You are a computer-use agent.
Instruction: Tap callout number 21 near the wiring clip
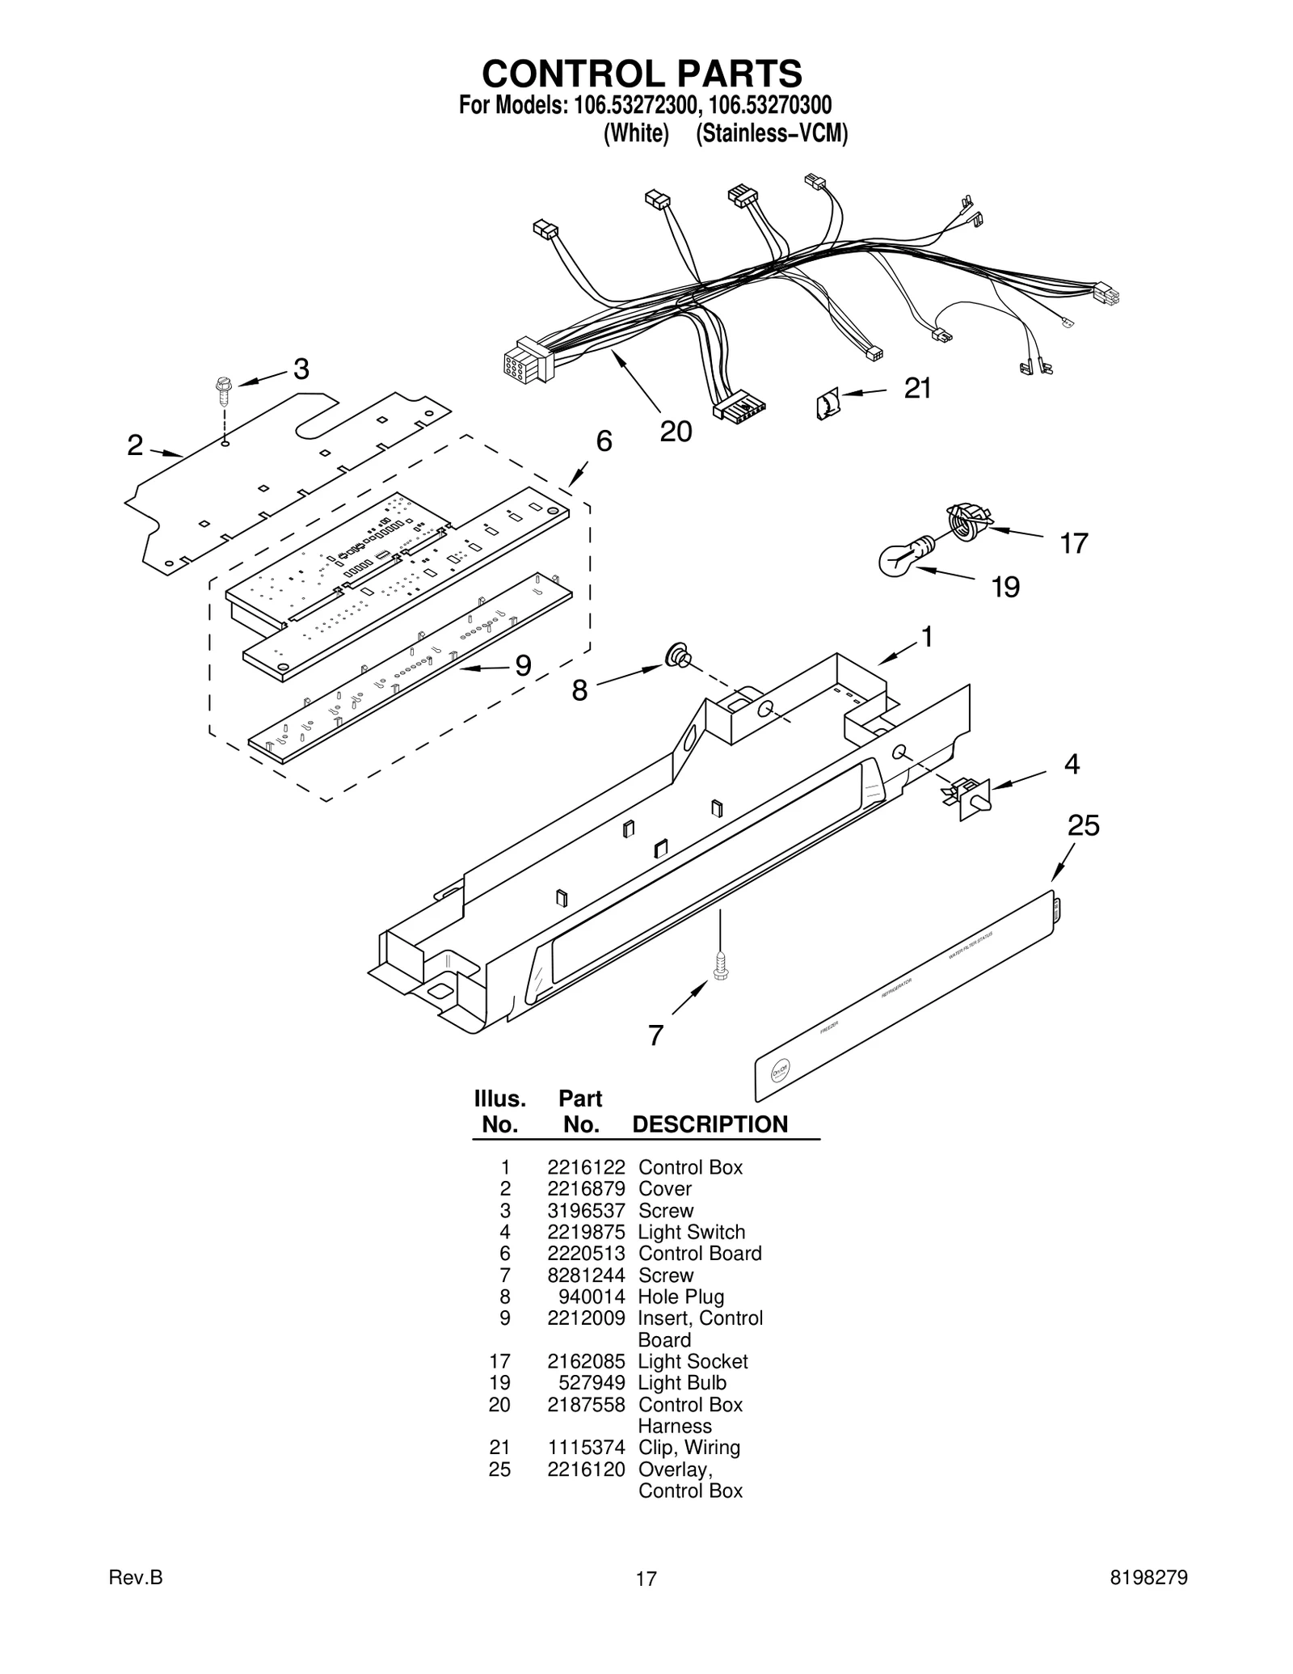917,389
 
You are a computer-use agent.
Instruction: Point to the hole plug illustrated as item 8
676,657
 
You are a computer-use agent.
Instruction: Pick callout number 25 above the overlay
1083,825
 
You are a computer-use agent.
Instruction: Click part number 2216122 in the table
586,1167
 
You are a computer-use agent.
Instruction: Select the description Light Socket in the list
693,1361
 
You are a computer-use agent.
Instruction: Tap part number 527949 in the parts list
592,1383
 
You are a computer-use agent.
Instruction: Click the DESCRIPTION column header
710,1124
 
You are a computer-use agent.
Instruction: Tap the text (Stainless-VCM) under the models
772,133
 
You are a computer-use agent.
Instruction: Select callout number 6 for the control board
604,441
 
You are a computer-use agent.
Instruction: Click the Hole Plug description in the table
680,1297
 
